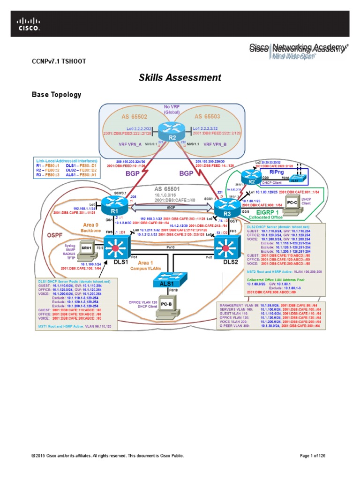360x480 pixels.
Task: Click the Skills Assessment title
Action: (180, 78)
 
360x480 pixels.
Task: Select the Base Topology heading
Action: (56, 95)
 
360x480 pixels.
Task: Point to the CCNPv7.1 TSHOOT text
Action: (58, 61)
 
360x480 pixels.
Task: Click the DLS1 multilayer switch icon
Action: (113, 246)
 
